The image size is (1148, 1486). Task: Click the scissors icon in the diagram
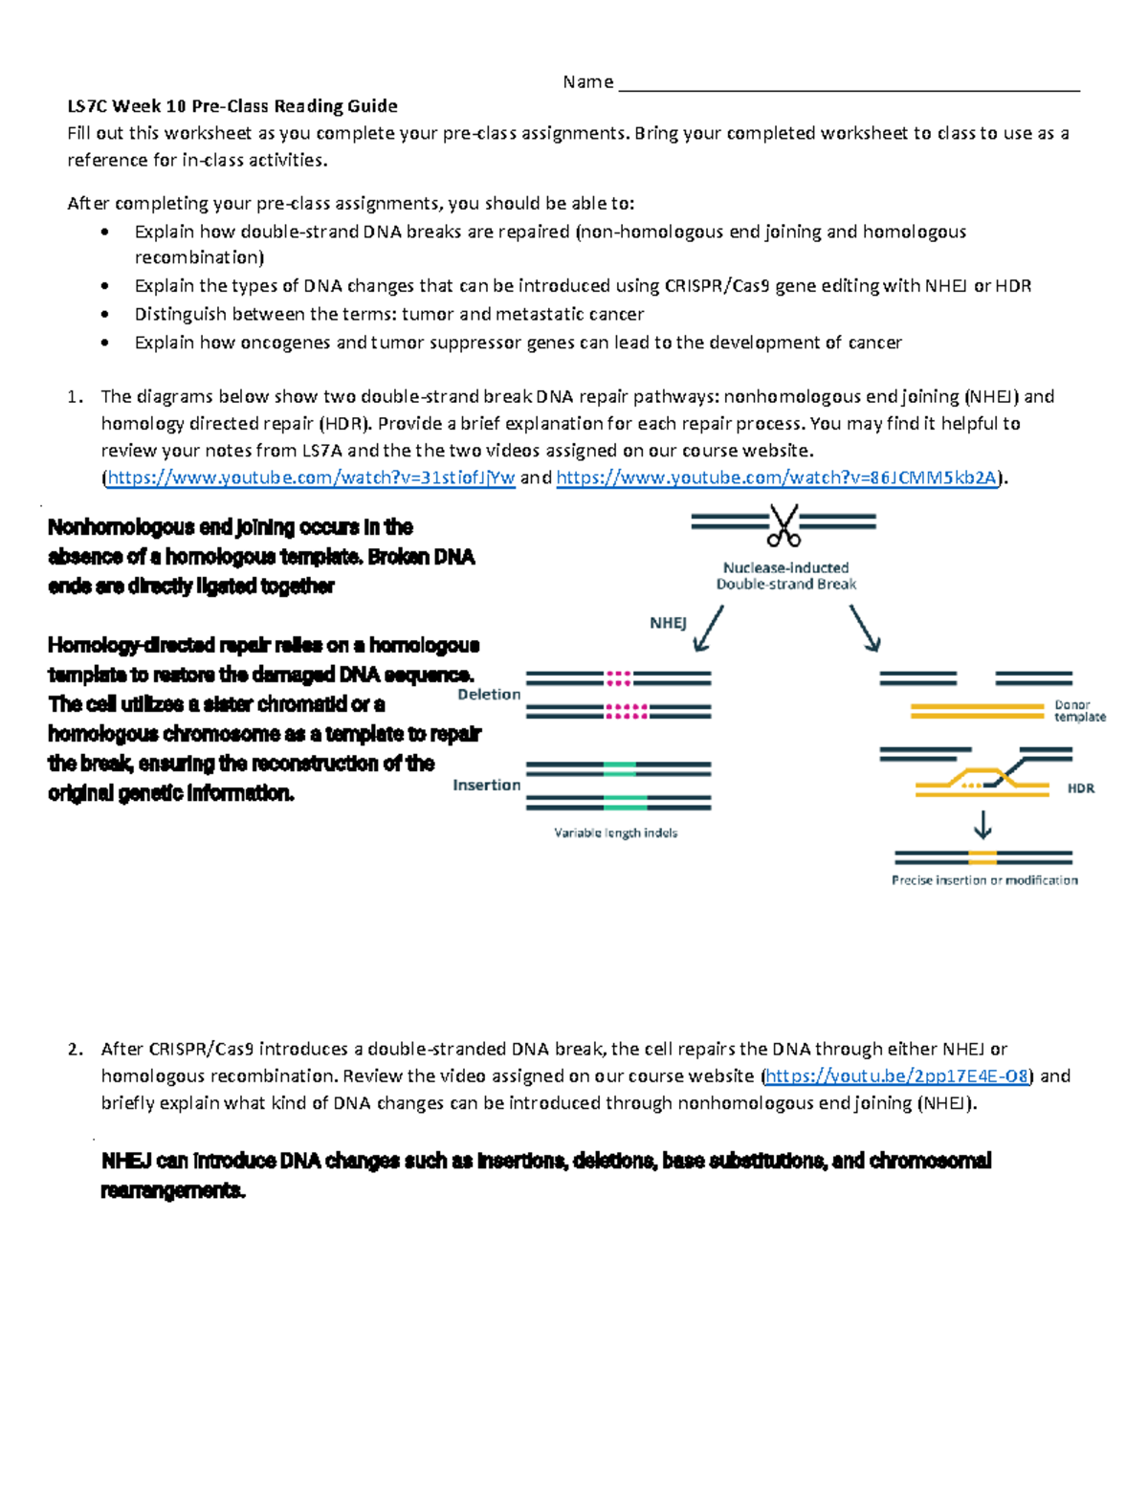point(784,524)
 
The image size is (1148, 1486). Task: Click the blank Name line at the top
point(849,84)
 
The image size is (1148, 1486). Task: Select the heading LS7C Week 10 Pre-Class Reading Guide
point(232,106)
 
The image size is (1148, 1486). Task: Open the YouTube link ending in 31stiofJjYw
point(311,478)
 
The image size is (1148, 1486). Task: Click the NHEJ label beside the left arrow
point(668,623)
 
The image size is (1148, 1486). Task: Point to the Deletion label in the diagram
point(489,695)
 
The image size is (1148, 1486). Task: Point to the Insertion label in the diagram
point(487,786)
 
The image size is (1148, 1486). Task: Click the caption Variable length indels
point(615,833)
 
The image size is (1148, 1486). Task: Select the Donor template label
point(1079,711)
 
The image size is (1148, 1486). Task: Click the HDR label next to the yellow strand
point(1080,788)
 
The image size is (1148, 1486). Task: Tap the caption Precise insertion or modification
point(984,880)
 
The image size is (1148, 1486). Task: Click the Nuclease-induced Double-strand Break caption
point(785,576)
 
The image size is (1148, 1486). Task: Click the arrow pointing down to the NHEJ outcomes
point(708,629)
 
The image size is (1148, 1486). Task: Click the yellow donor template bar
point(976,711)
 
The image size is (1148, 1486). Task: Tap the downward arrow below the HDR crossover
point(982,825)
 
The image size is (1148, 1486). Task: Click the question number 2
point(76,1050)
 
